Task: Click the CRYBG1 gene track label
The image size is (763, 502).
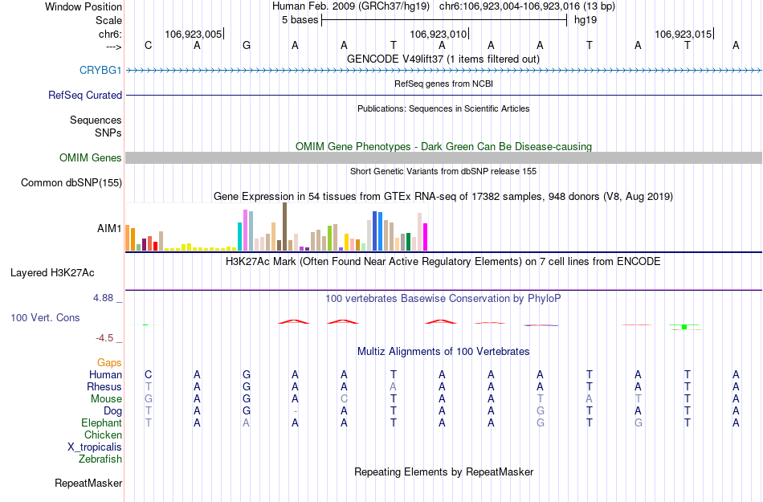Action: pos(100,71)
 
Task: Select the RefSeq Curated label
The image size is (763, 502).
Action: pos(85,95)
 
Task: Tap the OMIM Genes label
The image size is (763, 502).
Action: pos(91,158)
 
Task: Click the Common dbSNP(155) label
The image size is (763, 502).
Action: pos(71,183)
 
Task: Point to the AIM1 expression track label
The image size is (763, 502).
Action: pos(109,229)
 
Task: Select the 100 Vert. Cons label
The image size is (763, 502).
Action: pos(45,318)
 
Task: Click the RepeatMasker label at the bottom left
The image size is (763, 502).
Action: pos(88,484)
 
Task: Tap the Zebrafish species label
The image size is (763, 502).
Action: pos(100,459)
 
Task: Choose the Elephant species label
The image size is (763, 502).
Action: pos(102,423)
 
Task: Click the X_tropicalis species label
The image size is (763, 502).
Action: pos(95,447)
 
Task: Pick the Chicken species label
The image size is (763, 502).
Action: pos(104,435)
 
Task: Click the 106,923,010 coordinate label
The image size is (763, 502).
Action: pos(438,35)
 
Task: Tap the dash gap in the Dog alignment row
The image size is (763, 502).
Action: pos(296,411)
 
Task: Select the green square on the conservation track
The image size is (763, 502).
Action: pos(683,327)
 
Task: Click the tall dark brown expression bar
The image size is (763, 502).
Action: pos(284,227)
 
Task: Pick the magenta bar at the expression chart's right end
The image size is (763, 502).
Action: pos(426,236)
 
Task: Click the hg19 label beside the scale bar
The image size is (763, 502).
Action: pos(585,20)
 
